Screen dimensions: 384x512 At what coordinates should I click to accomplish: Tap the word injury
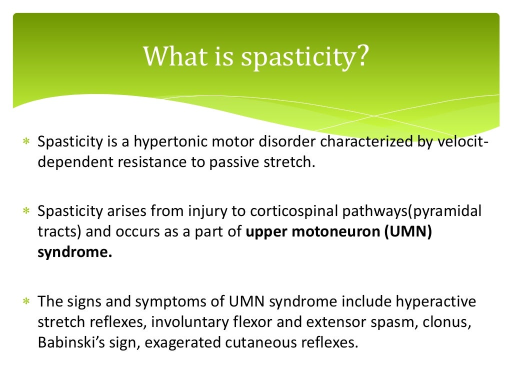207,212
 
